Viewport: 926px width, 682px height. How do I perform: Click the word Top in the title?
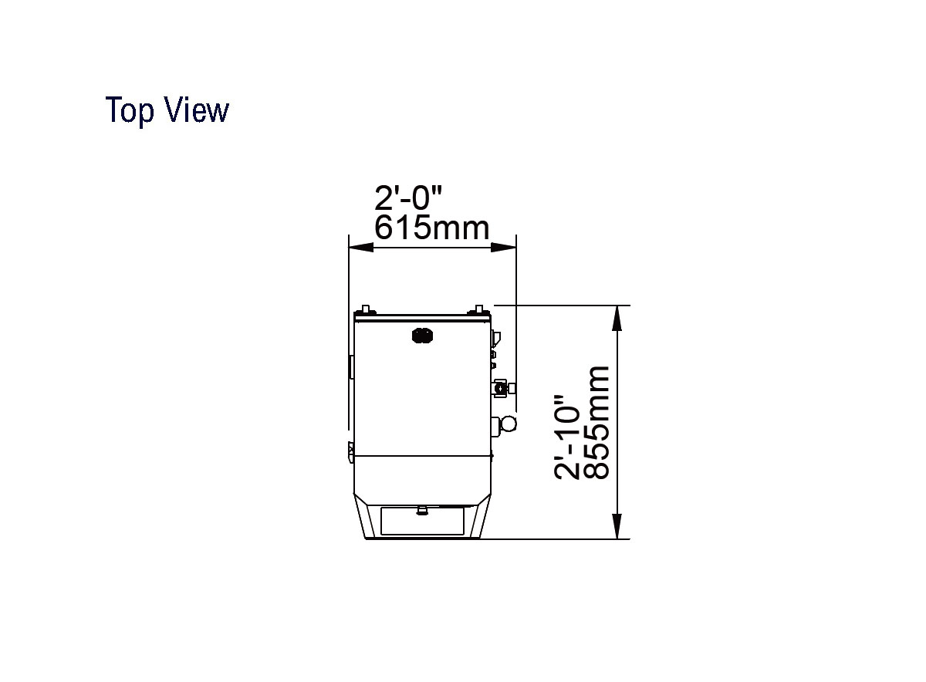(x=130, y=110)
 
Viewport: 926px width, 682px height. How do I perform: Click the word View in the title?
(x=197, y=110)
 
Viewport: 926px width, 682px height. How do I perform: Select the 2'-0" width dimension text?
(x=408, y=198)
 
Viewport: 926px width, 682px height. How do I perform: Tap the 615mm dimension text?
(x=431, y=228)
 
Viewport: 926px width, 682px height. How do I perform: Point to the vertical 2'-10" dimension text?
(x=567, y=437)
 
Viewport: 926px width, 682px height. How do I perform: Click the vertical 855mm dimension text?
(x=597, y=423)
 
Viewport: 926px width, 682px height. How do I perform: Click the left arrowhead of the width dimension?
(x=361, y=247)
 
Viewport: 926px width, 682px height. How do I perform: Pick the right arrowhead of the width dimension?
(x=503, y=247)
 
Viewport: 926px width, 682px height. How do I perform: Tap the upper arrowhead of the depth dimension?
(x=617, y=319)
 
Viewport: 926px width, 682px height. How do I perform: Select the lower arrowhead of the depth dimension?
(x=617, y=526)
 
